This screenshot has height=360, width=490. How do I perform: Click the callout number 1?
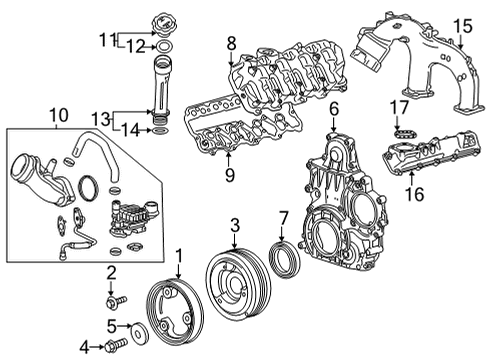tap(178, 256)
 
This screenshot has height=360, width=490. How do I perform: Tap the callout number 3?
tap(234, 224)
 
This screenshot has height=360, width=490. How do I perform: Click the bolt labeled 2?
tap(112, 298)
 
